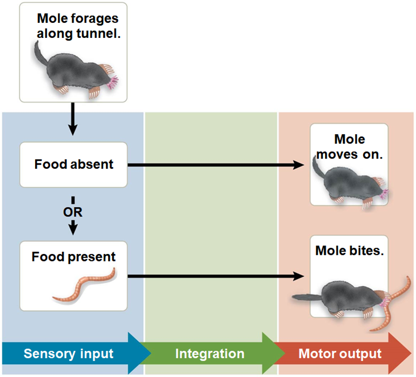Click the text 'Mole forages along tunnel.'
pos(78,26)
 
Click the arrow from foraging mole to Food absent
pos(72,119)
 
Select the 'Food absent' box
pos(74,165)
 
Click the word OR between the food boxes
pos(73,212)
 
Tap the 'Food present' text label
pos(74,257)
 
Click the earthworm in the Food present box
pos(84,286)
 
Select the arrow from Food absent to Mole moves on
pos(215,165)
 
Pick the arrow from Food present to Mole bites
pos(215,276)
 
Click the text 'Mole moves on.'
pos(349,147)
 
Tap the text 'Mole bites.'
pos(349,251)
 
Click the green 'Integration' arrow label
pos(210,354)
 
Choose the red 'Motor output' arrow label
pos(340,354)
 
